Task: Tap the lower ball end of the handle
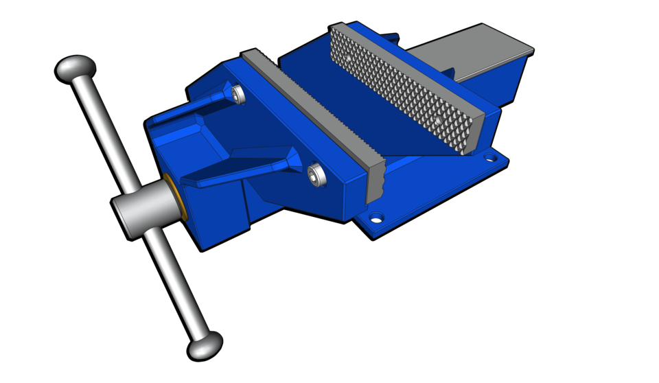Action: click(x=205, y=346)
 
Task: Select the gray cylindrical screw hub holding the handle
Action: click(x=137, y=214)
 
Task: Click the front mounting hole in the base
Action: click(x=375, y=219)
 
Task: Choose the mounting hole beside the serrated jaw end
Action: click(x=489, y=157)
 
